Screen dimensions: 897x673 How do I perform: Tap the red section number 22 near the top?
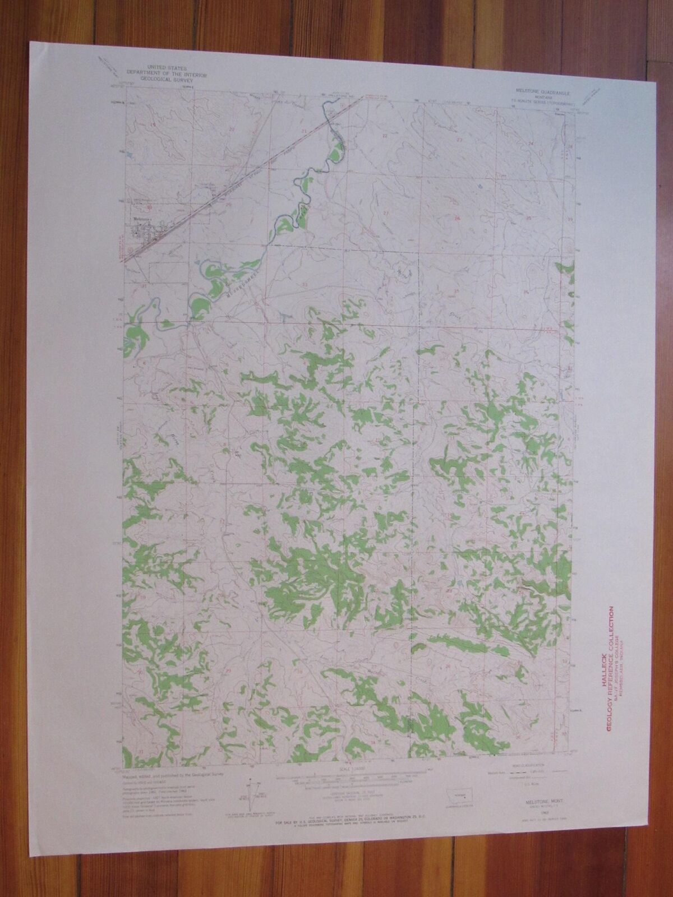tap(385, 136)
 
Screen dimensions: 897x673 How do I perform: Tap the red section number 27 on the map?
tap(386, 213)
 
